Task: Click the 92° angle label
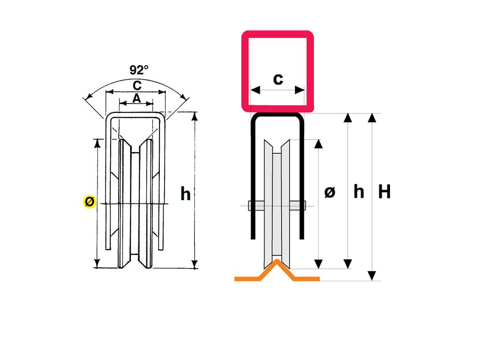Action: coord(139,70)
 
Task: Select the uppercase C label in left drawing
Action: coord(137,85)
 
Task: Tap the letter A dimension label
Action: coord(136,98)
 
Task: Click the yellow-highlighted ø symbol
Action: coord(89,202)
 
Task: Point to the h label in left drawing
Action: coord(186,194)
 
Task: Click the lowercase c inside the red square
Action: coord(278,79)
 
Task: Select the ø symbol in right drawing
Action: coord(330,192)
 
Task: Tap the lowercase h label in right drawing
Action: coord(359,192)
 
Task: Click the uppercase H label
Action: coord(384,192)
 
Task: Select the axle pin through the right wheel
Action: coord(277,205)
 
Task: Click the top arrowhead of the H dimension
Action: coord(372,117)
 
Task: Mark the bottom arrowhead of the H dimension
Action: coord(372,276)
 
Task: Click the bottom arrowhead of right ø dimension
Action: coord(319,264)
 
